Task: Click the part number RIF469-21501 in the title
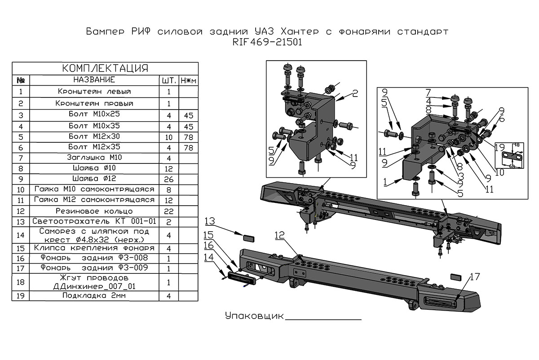(267, 43)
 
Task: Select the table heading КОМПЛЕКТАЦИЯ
(105, 68)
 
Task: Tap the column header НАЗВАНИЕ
(94, 80)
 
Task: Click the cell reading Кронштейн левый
(94, 92)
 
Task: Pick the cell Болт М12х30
(94, 136)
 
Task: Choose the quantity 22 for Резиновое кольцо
(168, 211)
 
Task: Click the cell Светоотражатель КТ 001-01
(94, 221)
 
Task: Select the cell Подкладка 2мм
(94, 296)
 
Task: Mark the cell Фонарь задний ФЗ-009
(94, 268)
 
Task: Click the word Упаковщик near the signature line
(254, 316)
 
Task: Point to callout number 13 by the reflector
(211, 221)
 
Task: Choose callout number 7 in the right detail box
(429, 92)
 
